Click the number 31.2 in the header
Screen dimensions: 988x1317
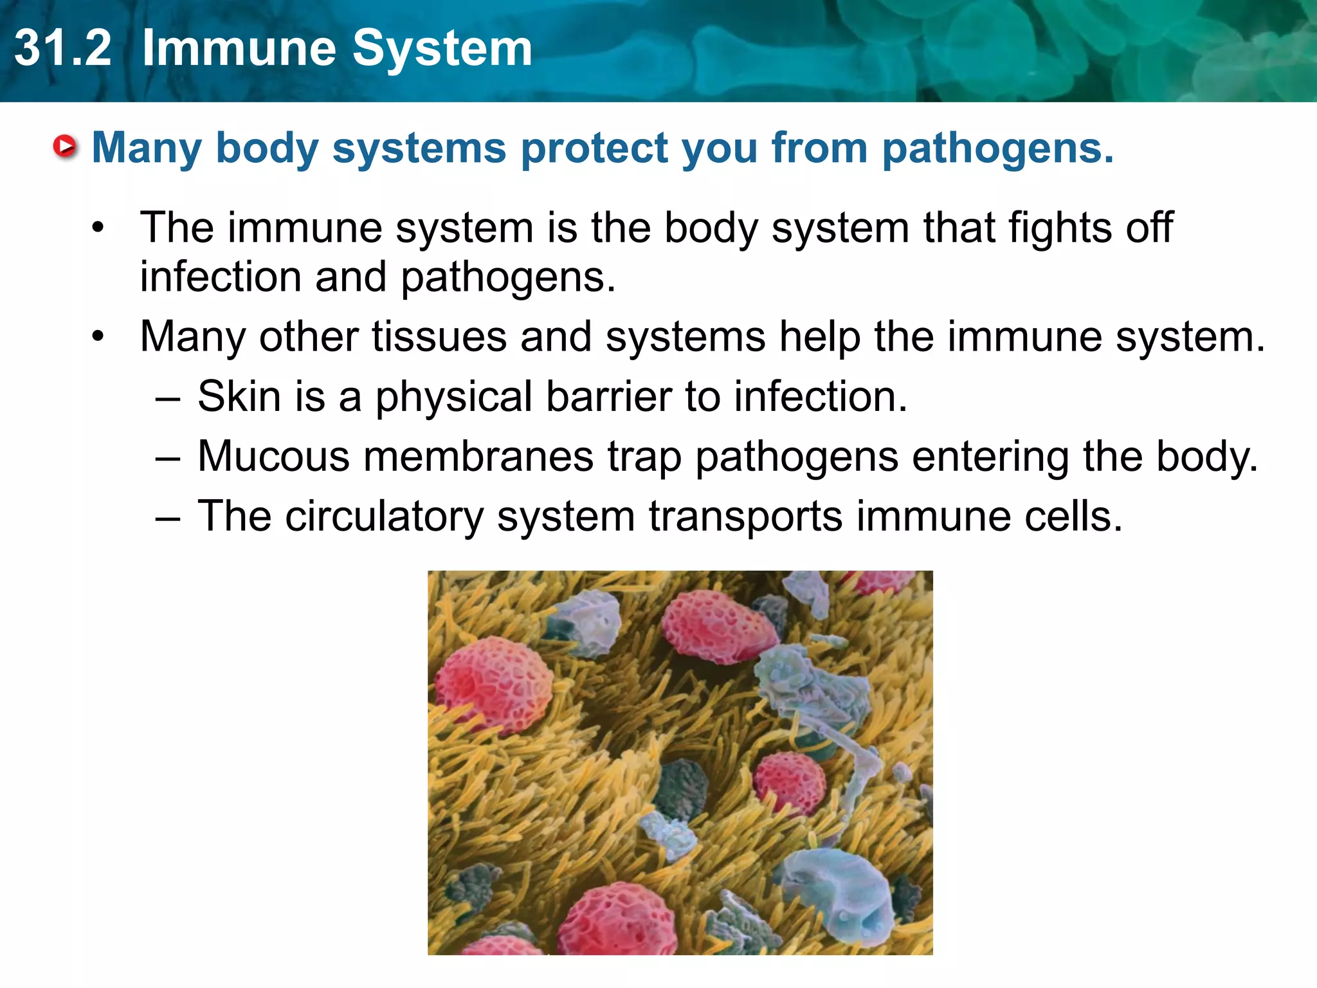pyautogui.click(x=63, y=48)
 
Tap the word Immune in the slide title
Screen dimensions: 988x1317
pyautogui.click(x=241, y=48)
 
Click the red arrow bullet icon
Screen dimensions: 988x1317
pyautogui.click(x=65, y=147)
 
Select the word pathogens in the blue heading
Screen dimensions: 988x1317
pyautogui.click(x=997, y=149)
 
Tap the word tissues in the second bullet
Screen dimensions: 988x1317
pyautogui.click(x=439, y=337)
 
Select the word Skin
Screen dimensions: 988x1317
pyautogui.click(x=239, y=396)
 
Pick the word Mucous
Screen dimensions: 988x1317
pyautogui.click(x=274, y=457)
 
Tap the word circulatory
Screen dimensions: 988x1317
pyautogui.click(x=384, y=517)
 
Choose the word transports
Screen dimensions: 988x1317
pyautogui.click(x=745, y=517)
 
